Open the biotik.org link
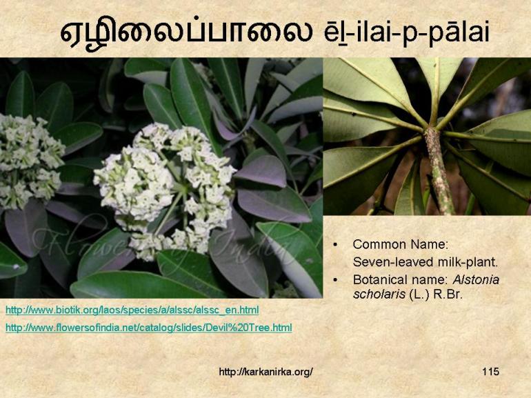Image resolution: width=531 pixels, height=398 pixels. (132, 310)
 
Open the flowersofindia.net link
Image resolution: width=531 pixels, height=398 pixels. (148, 328)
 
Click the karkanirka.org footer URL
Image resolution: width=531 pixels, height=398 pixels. (265, 372)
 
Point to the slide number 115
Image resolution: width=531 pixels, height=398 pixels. (490, 372)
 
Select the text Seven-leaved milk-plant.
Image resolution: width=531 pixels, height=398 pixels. (425, 262)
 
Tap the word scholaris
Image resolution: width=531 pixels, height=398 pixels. (377, 293)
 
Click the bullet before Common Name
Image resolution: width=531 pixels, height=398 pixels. (336, 245)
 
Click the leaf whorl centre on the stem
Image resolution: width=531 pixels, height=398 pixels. (433, 131)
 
